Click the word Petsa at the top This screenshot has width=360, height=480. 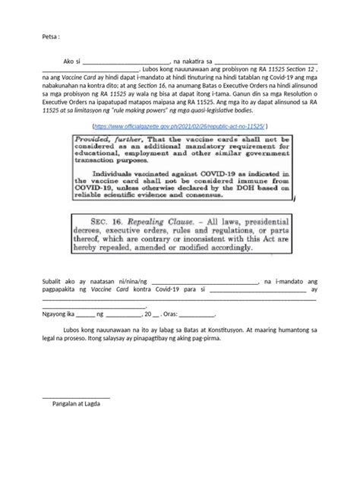(x=49, y=36)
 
